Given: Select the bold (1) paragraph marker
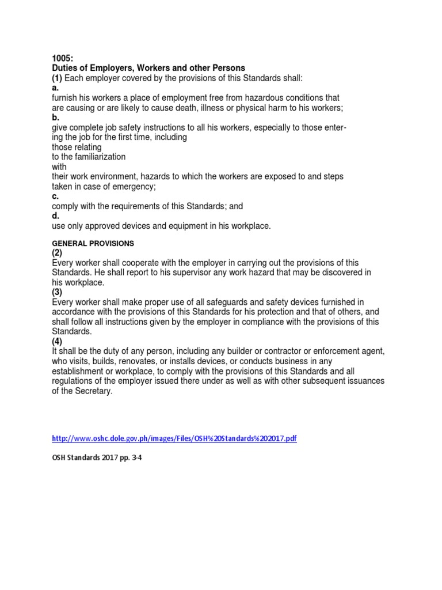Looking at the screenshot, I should click(x=57, y=78).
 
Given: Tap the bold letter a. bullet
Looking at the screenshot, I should click(x=55, y=88).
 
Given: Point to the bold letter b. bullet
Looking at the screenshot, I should click(x=55, y=117).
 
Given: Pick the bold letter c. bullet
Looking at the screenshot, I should click(x=55, y=196).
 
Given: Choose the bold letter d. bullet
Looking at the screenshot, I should click(x=55, y=216).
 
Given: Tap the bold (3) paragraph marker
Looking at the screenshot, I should click(x=58, y=293).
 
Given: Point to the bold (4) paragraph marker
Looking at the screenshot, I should click(x=58, y=342).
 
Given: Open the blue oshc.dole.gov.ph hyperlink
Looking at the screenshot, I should click(x=174, y=438).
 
